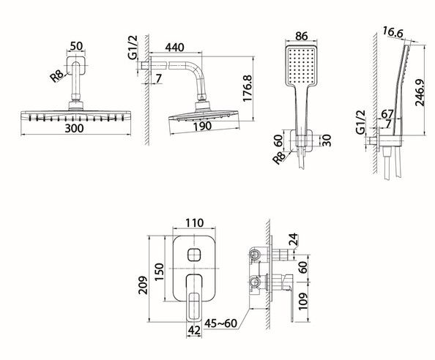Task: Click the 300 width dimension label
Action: coord(74,128)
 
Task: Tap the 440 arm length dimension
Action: coord(174,48)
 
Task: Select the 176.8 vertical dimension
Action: coord(247,89)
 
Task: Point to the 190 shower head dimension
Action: coord(203,127)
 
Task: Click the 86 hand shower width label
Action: coord(301,36)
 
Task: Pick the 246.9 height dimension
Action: coord(420,93)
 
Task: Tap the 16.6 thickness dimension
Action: coord(393,32)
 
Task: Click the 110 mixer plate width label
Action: coord(195,223)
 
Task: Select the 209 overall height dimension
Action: coord(143,285)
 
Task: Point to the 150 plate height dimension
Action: coord(160,272)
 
